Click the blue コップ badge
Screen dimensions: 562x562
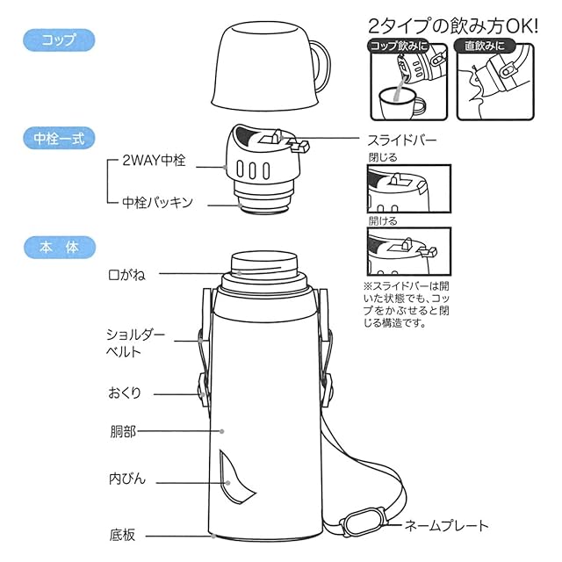click(x=59, y=40)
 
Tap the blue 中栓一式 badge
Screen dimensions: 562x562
click(x=59, y=138)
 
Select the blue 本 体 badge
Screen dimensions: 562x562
click(x=60, y=248)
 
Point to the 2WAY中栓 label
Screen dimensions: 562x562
click(x=154, y=160)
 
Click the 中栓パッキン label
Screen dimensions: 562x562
click(x=157, y=203)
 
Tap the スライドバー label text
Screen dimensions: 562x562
click(x=402, y=140)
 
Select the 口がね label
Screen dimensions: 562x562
click(x=126, y=275)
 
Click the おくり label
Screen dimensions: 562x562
click(x=125, y=393)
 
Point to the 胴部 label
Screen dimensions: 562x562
click(x=123, y=431)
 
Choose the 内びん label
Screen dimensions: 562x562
click(x=127, y=479)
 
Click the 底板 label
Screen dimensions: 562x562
click(x=122, y=535)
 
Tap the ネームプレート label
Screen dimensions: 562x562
click(x=447, y=526)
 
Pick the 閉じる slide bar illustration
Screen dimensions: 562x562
click(x=409, y=189)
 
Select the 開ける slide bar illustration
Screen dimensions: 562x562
click(x=409, y=251)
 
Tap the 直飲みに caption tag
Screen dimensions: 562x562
click(x=484, y=46)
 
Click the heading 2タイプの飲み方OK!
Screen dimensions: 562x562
click(x=453, y=26)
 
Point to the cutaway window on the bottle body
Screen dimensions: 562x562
click(x=234, y=477)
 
